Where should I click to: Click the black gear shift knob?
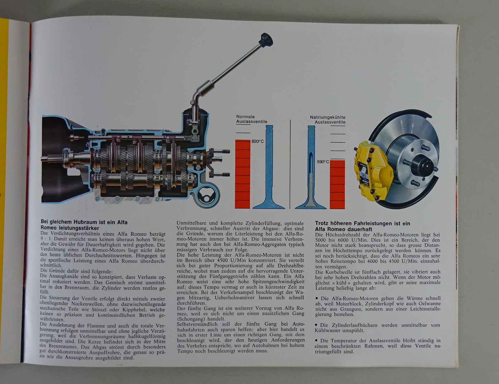[x=266, y=40]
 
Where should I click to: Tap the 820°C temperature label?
[x=258, y=141]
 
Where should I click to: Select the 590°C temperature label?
[x=323, y=162]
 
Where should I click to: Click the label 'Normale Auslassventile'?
[x=252, y=119]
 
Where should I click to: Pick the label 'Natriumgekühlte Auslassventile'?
[x=328, y=120]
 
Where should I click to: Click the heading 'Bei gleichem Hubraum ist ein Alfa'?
[x=84, y=222]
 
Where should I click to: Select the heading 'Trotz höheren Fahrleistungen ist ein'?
[x=363, y=223]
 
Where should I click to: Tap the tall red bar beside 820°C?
[x=243, y=174]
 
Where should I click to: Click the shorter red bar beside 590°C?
[x=337, y=185]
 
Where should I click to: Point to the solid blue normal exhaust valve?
[x=269, y=167]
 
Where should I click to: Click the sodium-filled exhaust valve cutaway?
[x=311, y=167]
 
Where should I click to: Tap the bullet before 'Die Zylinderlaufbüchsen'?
[x=317, y=325]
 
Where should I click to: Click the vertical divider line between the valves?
[x=290, y=164]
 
